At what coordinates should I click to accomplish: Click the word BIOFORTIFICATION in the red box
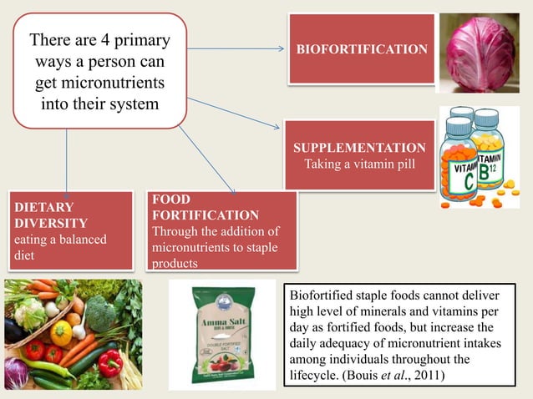[x=362, y=50]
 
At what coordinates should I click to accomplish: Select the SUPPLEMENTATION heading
[x=359, y=148]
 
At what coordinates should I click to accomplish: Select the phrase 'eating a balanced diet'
[x=58, y=247]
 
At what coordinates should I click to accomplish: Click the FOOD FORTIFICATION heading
[x=205, y=207]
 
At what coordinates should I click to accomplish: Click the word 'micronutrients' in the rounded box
[x=99, y=84]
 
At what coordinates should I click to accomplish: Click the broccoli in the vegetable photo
[x=101, y=312]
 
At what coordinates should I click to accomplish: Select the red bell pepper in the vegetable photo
[x=109, y=363]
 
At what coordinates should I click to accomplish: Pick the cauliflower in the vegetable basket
[x=30, y=314]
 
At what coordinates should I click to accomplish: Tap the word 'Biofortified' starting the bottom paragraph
[x=322, y=295]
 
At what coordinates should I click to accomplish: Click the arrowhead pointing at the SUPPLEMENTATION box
[x=277, y=127]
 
